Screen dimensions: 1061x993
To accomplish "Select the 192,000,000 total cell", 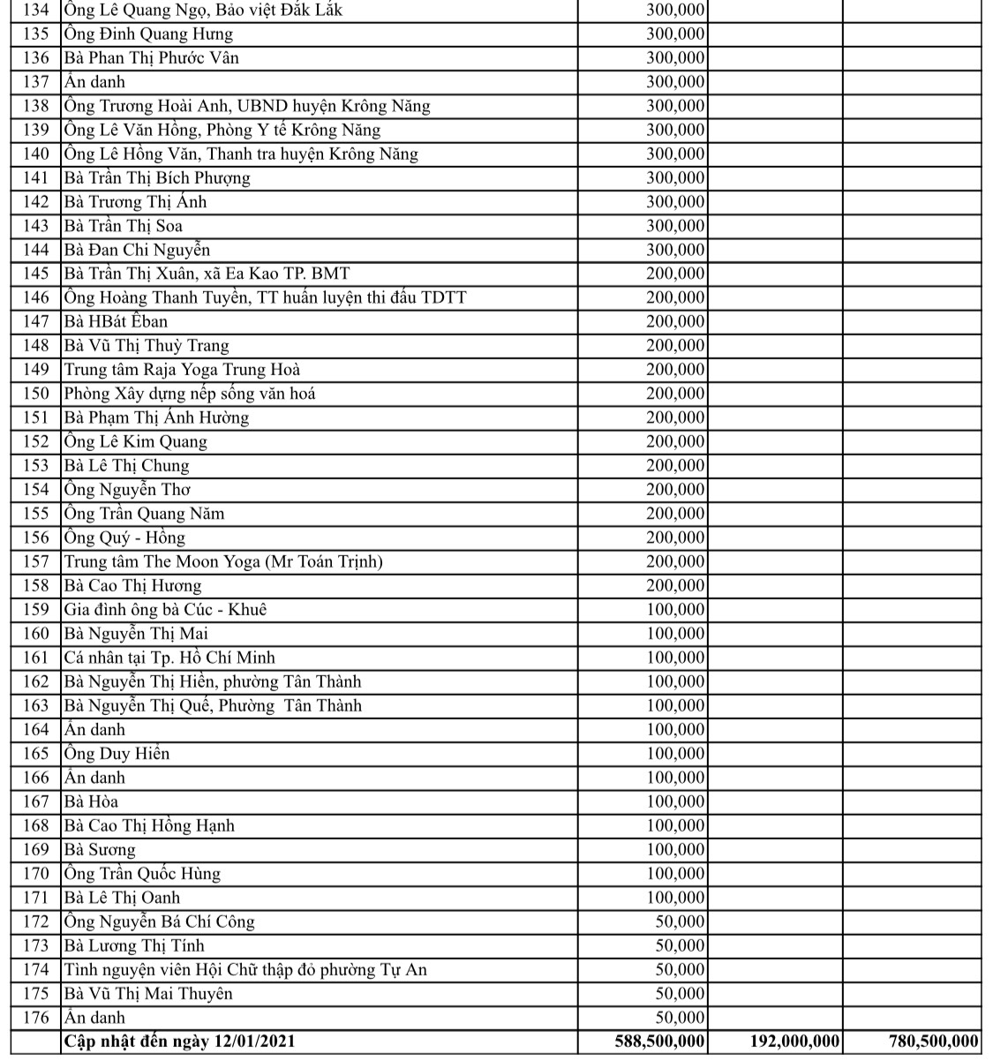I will (788, 1042).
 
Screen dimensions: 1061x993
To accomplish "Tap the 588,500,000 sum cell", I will (659, 1042).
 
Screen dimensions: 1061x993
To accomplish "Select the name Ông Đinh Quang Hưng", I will (148, 34).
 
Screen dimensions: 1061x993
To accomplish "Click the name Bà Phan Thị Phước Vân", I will (151, 58).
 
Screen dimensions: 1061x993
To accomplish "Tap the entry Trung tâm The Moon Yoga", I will (223, 562).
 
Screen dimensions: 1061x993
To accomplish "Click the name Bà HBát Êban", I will (116, 322).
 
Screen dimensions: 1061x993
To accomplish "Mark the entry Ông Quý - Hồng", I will (124, 538).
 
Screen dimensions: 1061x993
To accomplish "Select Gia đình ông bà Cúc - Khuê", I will (165, 610).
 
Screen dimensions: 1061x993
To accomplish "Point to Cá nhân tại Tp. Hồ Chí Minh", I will (169, 658).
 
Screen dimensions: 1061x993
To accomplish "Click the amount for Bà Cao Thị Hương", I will (675, 586).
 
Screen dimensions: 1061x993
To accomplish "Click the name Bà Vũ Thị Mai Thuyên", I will (148, 994).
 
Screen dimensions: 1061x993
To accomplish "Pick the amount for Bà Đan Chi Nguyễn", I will (675, 250).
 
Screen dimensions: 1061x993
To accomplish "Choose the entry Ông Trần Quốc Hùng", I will (142, 874).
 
